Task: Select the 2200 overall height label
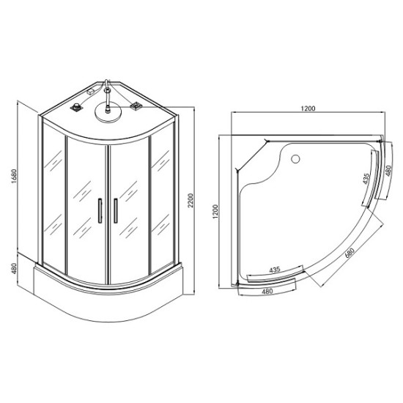(191, 201)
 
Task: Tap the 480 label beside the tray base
(14, 268)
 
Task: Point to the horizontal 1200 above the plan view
(308, 108)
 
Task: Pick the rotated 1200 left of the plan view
(215, 212)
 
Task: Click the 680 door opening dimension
(350, 253)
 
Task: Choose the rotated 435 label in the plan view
(366, 179)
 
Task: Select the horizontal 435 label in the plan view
(274, 270)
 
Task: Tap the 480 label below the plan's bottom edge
(267, 291)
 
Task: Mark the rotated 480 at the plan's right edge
(388, 171)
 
